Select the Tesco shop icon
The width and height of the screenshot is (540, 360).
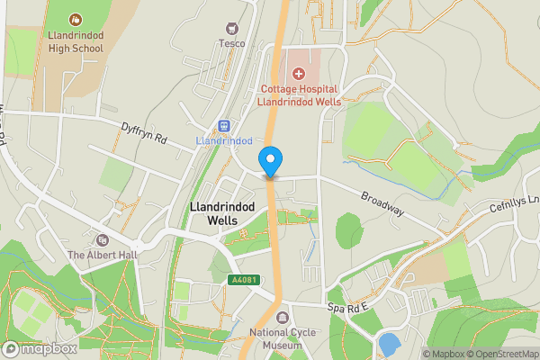click(x=232, y=29)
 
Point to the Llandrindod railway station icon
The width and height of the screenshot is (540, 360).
click(x=224, y=126)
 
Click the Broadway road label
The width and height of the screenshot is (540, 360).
click(x=382, y=203)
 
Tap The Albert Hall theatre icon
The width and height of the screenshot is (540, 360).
click(x=102, y=239)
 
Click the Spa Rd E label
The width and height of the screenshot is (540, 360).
click(x=348, y=308)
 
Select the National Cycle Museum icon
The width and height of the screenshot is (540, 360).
click(x=283, y=318)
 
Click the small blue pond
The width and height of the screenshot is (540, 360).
click(x=390, y=344)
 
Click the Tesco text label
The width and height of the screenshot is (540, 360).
click(x=231, y=43)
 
